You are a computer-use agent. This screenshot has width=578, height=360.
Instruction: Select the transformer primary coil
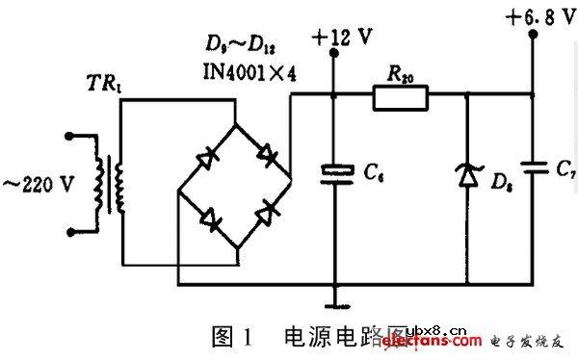(x=97, y=184)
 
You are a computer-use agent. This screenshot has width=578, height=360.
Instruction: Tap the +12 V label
(x=342, y=38)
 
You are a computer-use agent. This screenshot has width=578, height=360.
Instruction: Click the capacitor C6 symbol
(x=335, y=173)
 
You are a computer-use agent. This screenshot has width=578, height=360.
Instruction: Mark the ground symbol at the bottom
(x=335, y=306)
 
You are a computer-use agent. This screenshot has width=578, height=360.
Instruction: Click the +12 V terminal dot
(x=335, y=55)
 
